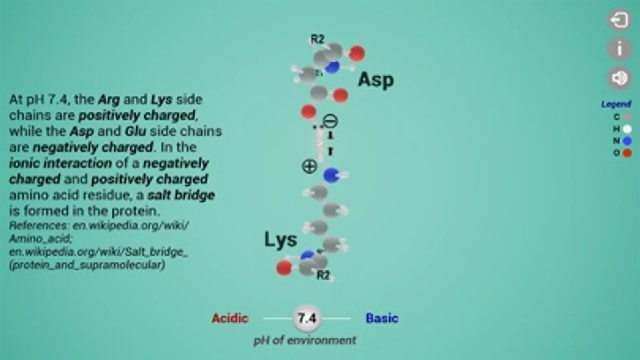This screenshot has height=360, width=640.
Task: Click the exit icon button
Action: point(619,20)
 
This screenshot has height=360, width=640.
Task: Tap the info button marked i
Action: point(619,49)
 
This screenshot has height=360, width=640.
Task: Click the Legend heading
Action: point(616,104)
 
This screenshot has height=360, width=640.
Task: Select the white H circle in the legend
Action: point(627,129)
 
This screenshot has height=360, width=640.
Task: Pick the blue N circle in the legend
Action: point(627,141)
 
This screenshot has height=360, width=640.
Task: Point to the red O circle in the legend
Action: point(627,153)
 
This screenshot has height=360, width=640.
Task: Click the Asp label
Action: point(376,80)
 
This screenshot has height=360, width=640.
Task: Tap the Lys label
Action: point(281,239)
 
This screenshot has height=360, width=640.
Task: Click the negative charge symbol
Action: point(330,121)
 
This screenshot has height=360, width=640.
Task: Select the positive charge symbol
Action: point(309,166)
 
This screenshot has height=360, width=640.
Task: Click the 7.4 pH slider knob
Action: point(307,318)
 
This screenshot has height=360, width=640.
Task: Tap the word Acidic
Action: point(230,318)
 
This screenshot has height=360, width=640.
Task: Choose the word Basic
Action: point(382,318)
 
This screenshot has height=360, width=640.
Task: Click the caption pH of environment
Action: point(305,340)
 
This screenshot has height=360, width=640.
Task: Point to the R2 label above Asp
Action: point(317,39)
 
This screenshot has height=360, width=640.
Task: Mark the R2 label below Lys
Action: point(323,275)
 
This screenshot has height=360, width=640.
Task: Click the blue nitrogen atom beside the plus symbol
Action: point(331,175)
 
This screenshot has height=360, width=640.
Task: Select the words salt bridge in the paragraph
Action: point(181,195)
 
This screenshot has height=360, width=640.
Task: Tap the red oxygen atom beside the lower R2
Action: point(284,268)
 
